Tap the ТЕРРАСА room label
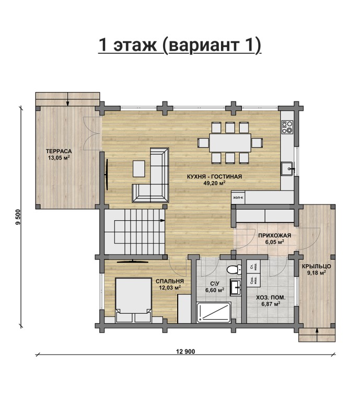[59, 151]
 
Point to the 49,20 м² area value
[214, 184]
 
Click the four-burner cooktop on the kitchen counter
[287, 127]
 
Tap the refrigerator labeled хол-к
[239, 198]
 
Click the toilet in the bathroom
[234, 269]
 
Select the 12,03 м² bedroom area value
[170, 287]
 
